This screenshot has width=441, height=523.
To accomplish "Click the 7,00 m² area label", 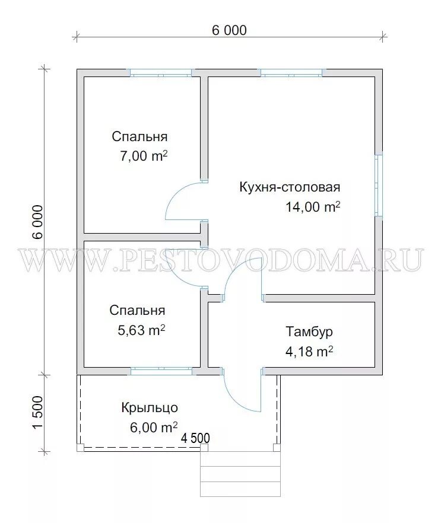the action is tap(144, 156).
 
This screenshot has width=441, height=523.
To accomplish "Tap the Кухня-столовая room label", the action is tap(290, 187).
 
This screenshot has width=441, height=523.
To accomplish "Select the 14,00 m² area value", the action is tap(313, 207).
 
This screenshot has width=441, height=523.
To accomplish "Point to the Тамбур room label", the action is tap(309, 331).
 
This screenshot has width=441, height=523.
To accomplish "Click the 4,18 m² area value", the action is tap(309, 351).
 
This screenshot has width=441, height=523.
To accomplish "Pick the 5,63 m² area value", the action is tap(141, 330).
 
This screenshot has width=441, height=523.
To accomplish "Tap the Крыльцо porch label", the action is tap(150, 408).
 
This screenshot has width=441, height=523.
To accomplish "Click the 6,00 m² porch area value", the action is tap(154, 428).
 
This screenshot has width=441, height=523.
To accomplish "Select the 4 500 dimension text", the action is tap(195, 438).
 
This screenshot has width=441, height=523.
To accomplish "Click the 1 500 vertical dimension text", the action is tap(39, 413).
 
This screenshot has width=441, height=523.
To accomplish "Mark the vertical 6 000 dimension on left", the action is tap(39, 222).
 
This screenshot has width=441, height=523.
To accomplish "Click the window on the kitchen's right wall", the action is tap(379, 185).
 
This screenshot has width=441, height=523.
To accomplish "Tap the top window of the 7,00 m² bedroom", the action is tap(161, 73).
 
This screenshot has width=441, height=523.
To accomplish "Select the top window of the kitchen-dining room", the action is tap(291, 73).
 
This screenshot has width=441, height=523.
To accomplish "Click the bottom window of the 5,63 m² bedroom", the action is tap(161, 371).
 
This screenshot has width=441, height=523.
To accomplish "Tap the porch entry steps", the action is tap(240, 474).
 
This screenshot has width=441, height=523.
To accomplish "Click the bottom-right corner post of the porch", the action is tap(277, 447).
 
